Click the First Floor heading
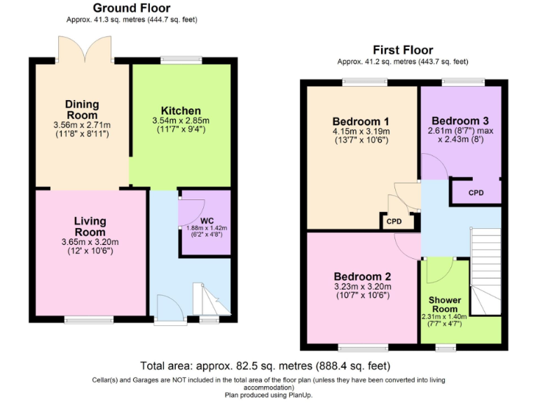click(x=402, y=50)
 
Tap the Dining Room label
click(x=82, y=110)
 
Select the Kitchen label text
click(x=181, y=111)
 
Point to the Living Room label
click(x=90, y=227)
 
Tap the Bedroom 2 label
click(x=361, y=276)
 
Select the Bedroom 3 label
click(x=460, y=120)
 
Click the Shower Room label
click(x=445, y=304)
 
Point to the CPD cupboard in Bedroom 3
click(x=476, y=192)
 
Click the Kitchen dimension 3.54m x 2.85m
click(x=181, y=121)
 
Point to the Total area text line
click(x=265, y=365)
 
